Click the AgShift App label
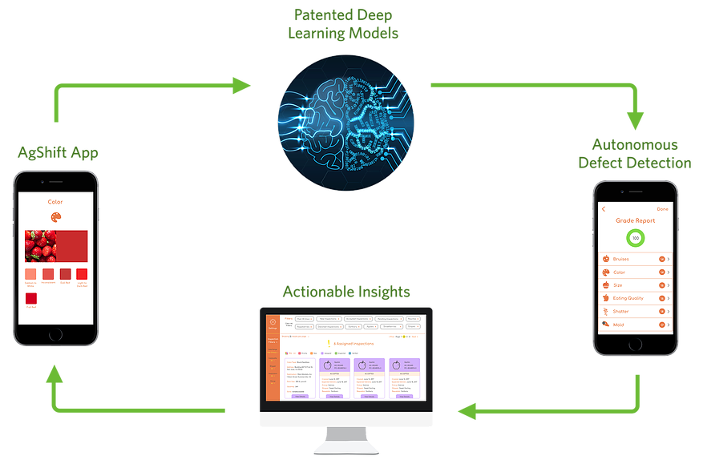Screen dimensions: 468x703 58,152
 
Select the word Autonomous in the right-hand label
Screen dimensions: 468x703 635,145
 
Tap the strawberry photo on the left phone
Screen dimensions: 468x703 39,245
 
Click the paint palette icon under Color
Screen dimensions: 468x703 55,218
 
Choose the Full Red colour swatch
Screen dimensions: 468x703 31,297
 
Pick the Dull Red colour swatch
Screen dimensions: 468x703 65,274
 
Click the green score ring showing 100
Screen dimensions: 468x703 636,238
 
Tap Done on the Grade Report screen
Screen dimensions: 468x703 662,209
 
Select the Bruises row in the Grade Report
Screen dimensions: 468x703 635,259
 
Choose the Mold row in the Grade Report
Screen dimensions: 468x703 635,325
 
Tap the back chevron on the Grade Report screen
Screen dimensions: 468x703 604,209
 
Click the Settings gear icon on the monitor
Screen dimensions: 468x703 273,321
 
